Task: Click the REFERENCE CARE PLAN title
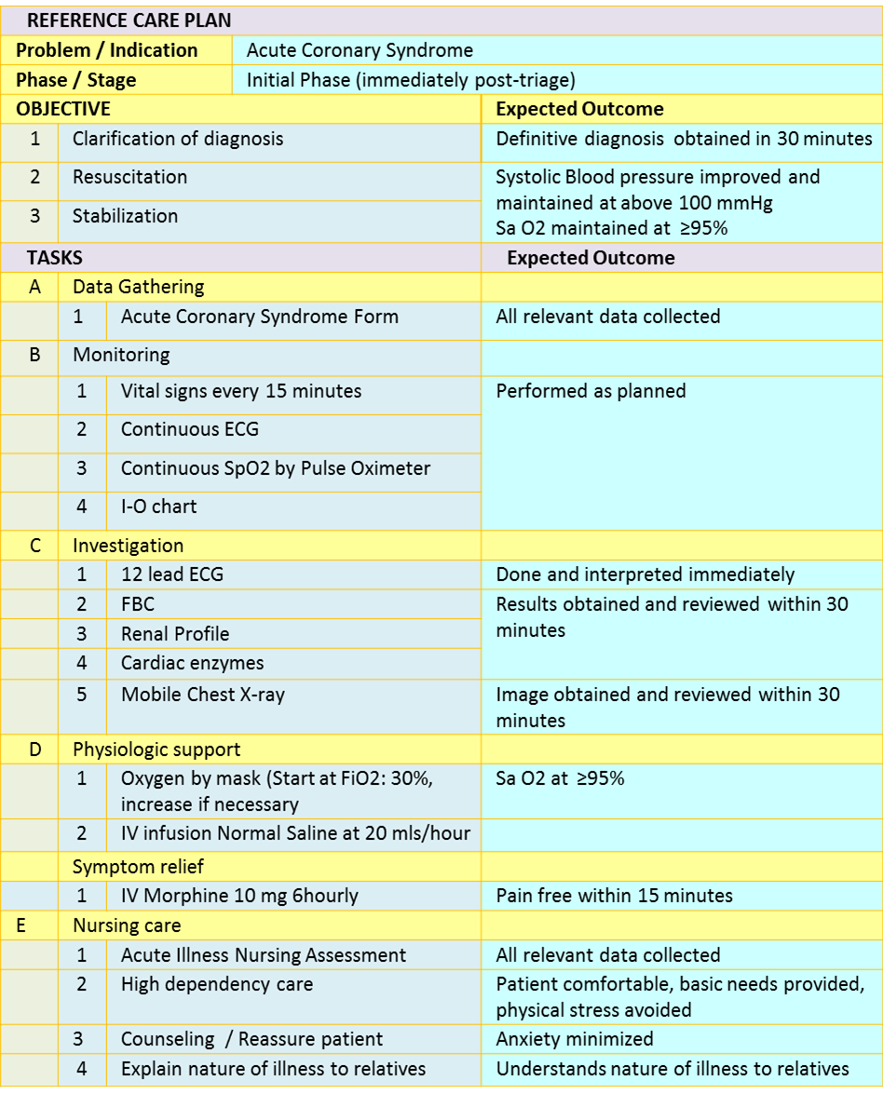[129, 20]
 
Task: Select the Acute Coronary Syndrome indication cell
[360, 50]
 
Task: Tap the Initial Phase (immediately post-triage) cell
[411, 80]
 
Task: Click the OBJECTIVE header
[63, 109]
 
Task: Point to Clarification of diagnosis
[178, 139]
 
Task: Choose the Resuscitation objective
[129, 177]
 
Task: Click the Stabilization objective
[125, 216]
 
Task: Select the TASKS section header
[54, 258]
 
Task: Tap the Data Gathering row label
[138, 287]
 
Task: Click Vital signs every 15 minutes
[241, 391]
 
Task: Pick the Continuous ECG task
[190, 429]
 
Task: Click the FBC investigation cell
[138, 604]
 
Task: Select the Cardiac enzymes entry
[193, 663]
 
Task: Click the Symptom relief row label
[138, 867]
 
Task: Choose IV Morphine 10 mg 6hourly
[239, 896]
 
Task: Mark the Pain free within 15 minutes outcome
[614, 896]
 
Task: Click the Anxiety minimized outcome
[575, 1039]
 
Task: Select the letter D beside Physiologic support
[35, 750]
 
